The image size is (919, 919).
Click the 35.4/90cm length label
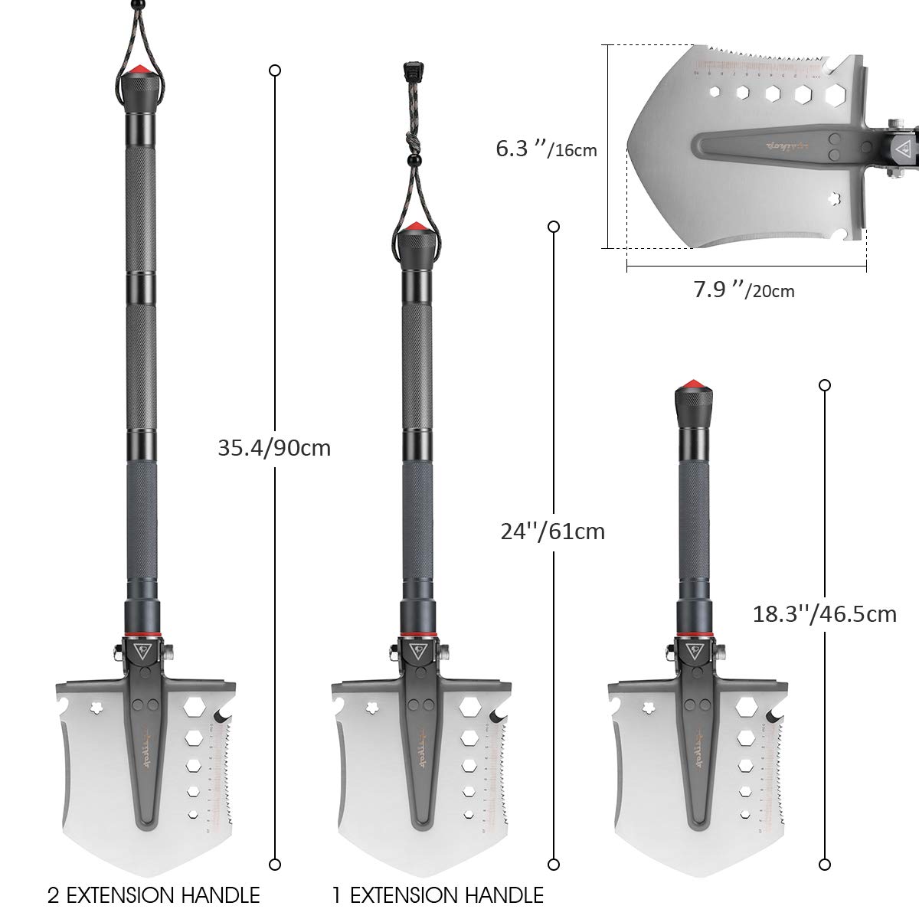(x=274, y=448)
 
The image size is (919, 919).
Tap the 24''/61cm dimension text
(x=552, y=531)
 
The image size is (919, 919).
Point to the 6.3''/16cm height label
(x=546, y=149)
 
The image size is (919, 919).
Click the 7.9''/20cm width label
(x=744, y=290)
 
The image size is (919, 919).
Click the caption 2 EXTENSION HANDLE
(x=154, y=894)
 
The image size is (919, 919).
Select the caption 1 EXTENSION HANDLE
(x=438, y=894)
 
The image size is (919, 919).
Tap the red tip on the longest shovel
(x=140, y=71)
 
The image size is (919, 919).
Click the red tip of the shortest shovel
(x=695, y=382)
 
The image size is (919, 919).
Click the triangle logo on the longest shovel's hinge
(x=142, y=652)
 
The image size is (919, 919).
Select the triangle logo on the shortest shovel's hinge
(x=695, y=652)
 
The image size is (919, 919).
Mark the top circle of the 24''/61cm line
(x=552, y=227)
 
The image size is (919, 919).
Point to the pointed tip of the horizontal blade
(x=628, y=146)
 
